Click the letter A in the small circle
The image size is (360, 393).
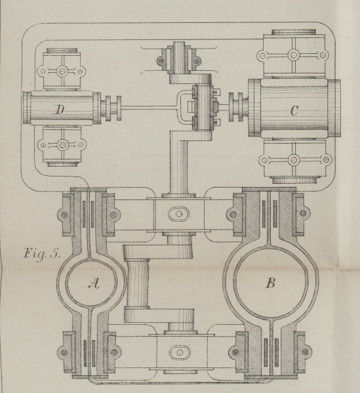click(94, 283)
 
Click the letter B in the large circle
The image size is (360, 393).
click(271, 283)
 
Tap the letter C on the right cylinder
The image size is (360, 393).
click(294, 110)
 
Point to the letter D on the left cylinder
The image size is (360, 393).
click(60, 110)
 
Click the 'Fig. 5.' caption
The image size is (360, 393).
click(42, 253)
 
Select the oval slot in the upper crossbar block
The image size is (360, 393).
click(178, 214)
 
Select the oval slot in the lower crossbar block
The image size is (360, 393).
click(180, 352)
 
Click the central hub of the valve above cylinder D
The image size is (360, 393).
click(62, 72)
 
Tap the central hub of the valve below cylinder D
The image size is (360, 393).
click(62, 145)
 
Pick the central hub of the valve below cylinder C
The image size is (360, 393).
click(294, 159)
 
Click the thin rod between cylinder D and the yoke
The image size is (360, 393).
click(150, 108)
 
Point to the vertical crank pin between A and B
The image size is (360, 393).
click(137, 284)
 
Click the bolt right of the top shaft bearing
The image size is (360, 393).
click(197, 60)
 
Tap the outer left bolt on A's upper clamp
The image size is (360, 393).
click(64, 215)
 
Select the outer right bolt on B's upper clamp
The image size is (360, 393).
click(303, 213)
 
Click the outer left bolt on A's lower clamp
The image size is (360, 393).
click(64, 352)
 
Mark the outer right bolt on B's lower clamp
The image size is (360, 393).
click(305, 352)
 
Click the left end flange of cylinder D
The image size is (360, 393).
click(27, 108)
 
